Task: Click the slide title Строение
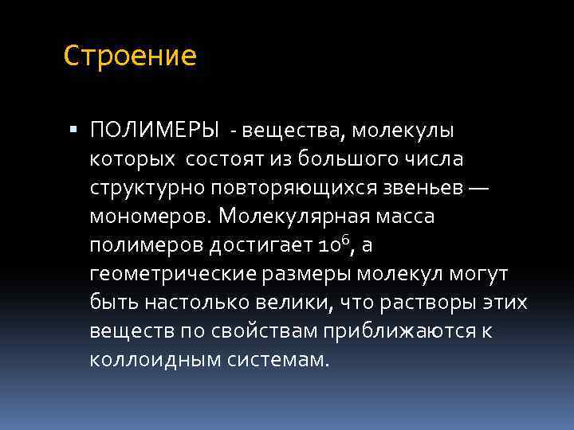130,57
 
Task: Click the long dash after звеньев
479,188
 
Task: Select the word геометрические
170,274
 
